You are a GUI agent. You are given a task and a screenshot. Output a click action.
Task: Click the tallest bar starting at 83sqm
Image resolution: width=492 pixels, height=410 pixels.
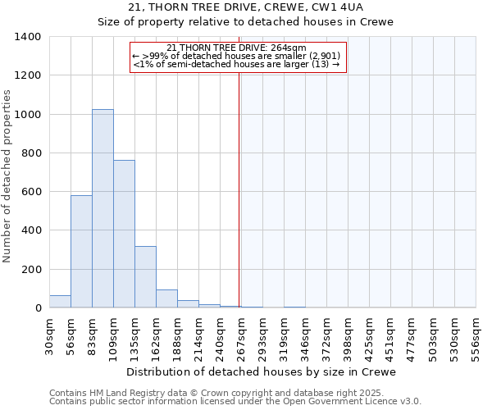click(102, 208)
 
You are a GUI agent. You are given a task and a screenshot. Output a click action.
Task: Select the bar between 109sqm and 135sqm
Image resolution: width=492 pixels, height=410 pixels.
click(124, 234)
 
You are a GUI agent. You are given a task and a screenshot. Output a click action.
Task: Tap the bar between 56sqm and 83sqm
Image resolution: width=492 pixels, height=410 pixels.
click(81, 251)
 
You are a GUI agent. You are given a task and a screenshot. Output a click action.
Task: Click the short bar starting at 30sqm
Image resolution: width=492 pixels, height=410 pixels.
click(60, 302)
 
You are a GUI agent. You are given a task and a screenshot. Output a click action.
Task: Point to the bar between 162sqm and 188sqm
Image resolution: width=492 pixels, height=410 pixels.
click(166, 298)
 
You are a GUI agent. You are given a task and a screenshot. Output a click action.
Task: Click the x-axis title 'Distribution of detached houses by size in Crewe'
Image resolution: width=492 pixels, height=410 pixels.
click(262, 371)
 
